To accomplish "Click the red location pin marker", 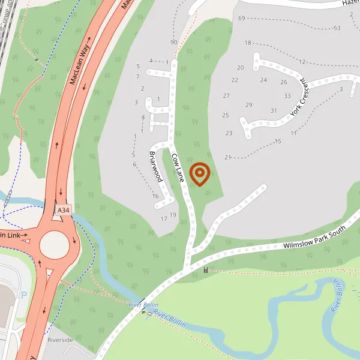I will (x=199, y=173).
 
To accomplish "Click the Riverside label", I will (x=60, y=340).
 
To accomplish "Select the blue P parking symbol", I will (x=24, y=295).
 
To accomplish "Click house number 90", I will (x=174, y=43).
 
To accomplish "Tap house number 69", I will (x=242, y=19).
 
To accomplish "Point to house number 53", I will (x=337, y=28).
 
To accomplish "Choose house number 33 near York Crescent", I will (x=287, y=96).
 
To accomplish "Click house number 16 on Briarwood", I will (x=155, y=196).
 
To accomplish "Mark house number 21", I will (x=228, y=157).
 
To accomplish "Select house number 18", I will (x=248, y=43).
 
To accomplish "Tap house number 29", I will (x=248, y=105).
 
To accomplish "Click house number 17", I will (x=164, y=219).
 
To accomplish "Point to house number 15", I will (x=278, y=142).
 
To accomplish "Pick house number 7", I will (x=137, y=77).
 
